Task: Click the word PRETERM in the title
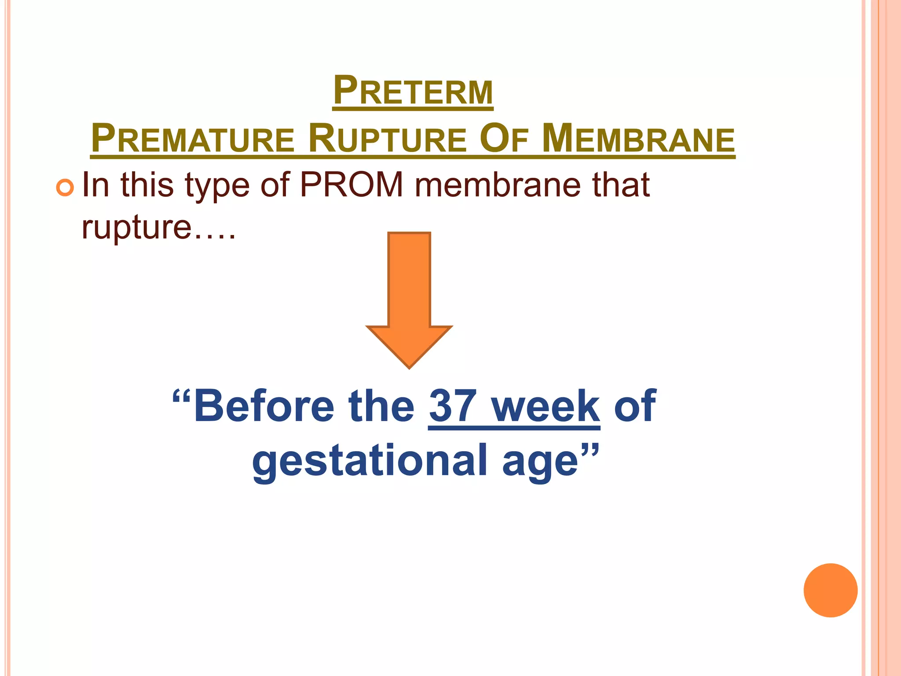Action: click(413, 91)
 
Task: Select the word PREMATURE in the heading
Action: click(192, 139)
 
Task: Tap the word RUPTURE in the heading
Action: click(387, 139)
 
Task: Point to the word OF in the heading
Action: click(504, 139)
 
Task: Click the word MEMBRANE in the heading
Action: click(638, 139)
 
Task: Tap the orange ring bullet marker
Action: click(65, 188)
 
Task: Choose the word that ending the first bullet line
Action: click(621, 185)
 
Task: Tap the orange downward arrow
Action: click(409, 299)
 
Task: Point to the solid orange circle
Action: click(830, 590)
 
